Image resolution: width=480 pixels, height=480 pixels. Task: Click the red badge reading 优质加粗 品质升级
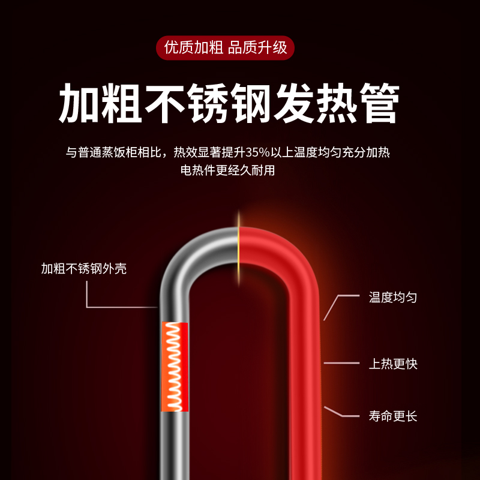tap(226, 47)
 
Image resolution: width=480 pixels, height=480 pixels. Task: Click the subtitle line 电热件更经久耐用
tap(227, 170)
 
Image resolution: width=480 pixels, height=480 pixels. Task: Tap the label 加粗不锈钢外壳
tap(84, 269)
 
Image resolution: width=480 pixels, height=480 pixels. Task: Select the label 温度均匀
tap(393, 297)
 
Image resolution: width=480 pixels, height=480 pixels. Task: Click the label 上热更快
tap(393, 363)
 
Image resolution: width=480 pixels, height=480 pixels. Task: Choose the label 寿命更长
tap(393, 416)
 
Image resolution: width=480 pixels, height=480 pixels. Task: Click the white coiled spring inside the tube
tap(175, 366)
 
